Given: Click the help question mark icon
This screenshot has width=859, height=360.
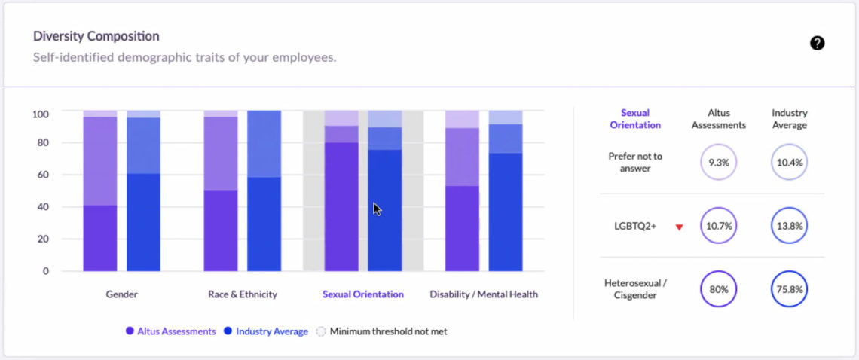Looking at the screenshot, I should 817,43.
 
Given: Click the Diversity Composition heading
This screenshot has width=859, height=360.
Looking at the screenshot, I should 96,36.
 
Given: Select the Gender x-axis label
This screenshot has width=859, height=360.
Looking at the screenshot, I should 121,294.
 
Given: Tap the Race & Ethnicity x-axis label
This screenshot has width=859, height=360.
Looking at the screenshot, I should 243,294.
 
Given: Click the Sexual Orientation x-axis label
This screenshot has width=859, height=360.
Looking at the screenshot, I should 363,294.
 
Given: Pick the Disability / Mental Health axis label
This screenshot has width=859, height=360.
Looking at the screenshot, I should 484,294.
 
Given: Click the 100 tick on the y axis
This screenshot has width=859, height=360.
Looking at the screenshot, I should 40,114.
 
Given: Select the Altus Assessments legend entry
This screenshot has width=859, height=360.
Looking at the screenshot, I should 171,331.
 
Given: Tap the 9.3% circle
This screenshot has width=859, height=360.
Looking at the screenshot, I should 718,162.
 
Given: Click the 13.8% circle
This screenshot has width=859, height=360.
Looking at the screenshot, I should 789,226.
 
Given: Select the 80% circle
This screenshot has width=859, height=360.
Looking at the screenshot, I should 718,289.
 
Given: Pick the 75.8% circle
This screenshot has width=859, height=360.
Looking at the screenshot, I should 789,289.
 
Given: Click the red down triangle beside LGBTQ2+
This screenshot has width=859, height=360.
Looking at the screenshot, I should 679,227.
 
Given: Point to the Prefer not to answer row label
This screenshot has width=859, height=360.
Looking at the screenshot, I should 635,162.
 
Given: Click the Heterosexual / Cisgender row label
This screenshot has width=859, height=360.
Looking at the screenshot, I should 635,289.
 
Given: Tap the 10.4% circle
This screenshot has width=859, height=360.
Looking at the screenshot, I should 789,162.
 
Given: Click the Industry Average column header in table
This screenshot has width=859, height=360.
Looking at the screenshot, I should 789,119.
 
